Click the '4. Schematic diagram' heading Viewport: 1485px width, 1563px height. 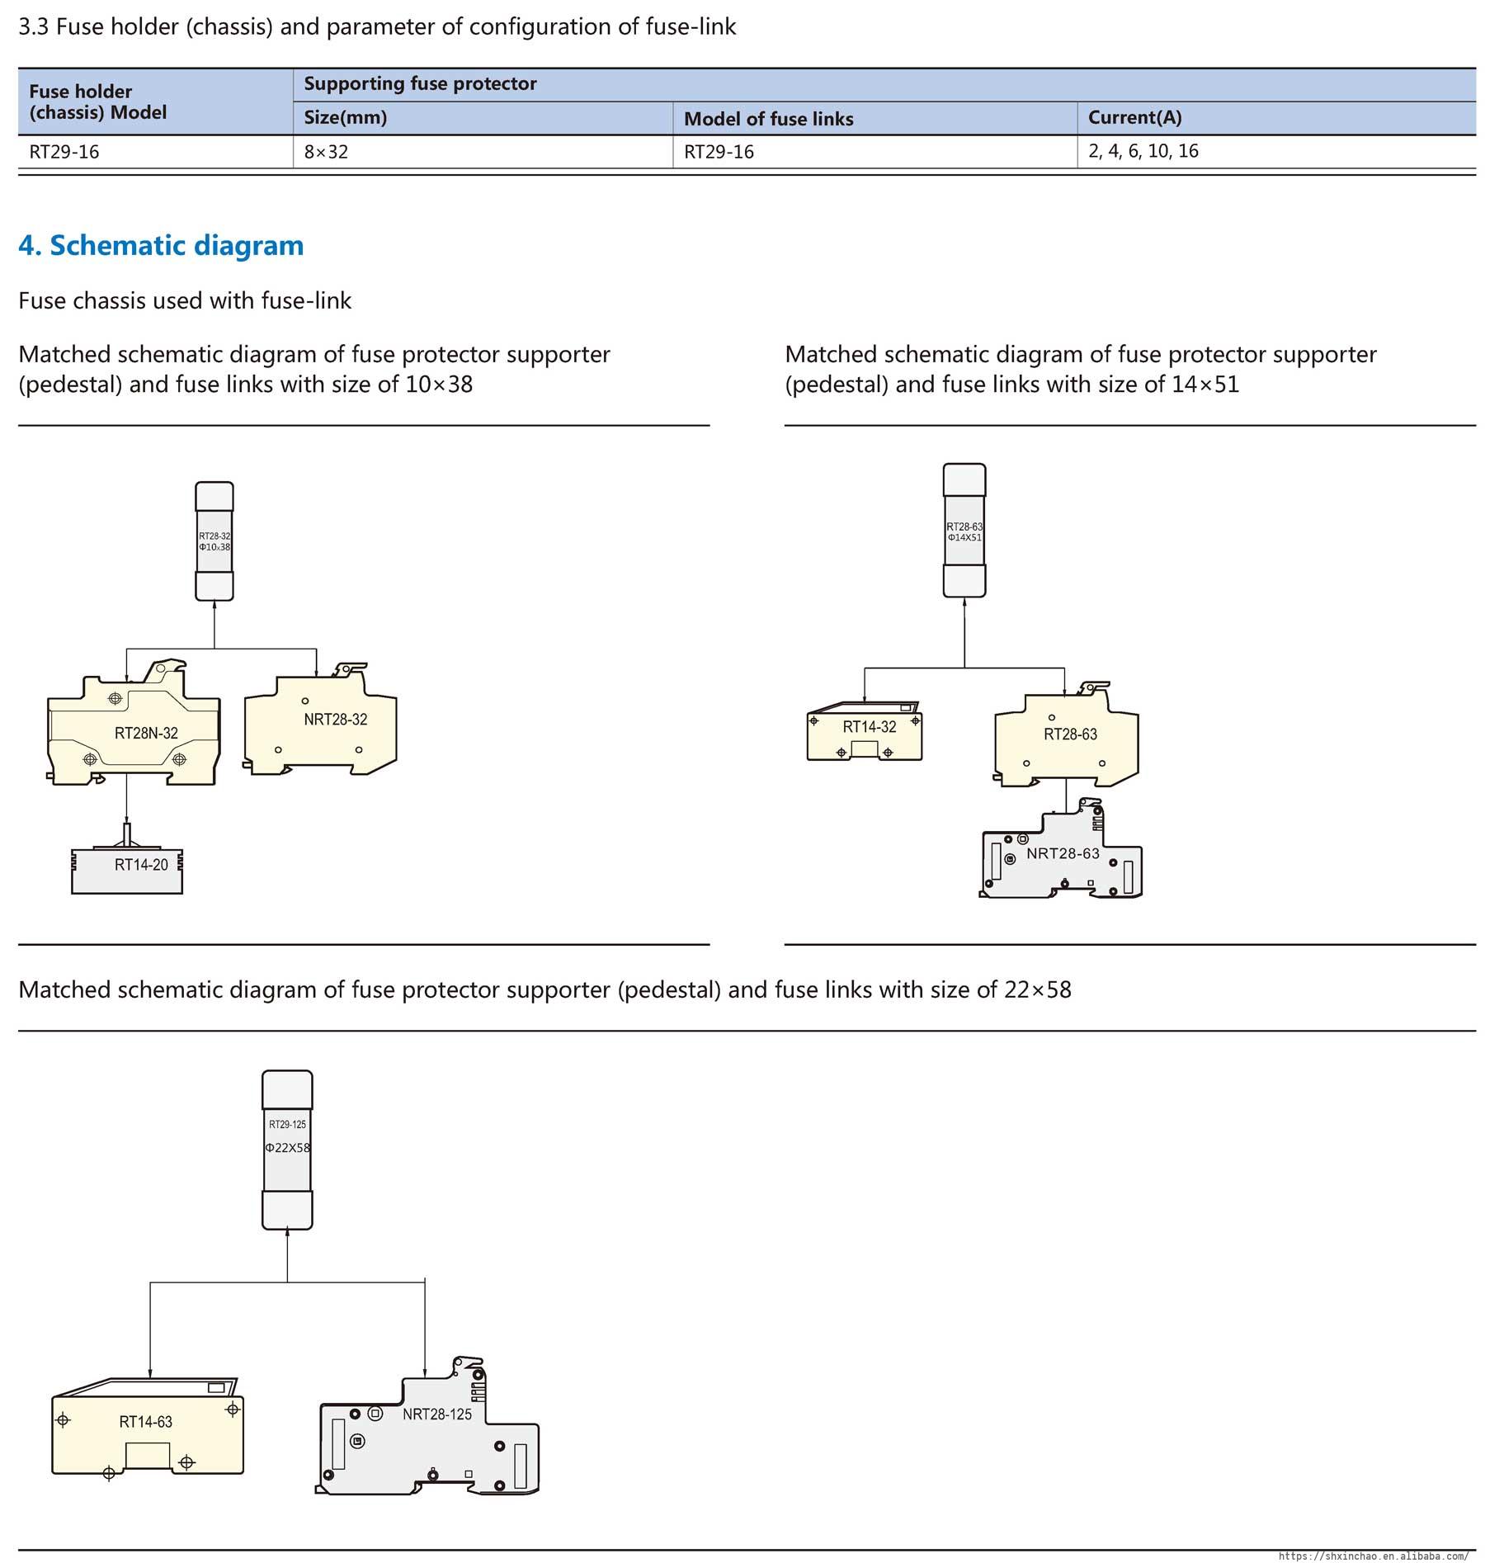[x=161, y=245]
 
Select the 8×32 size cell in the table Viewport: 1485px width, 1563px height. [x=326, y=152]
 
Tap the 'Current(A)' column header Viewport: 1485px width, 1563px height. [x=1134, y=117]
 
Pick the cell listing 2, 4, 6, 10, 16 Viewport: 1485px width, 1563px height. [x=1143, y=151]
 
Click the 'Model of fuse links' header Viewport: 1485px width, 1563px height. [x=768, y=119]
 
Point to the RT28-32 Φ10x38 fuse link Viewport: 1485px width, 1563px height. [x=214, y=541]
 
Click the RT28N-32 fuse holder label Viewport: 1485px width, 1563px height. [x=146, y=733]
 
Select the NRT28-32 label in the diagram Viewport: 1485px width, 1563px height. [x=335, y=720]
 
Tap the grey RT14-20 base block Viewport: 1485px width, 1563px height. [x=127, y=871]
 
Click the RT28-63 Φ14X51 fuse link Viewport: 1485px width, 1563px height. [x=964, y=531]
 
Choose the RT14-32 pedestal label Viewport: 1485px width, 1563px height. [x=869, y=727]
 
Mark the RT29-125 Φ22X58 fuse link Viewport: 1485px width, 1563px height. [x=287, y=1149]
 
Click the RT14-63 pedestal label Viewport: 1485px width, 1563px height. [x=145, y=1422]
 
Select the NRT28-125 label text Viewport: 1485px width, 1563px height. [x=437, y=1414]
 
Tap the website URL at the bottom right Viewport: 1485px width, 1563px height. [x=1373, y=1556]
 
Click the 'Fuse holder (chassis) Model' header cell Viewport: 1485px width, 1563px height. [x=97, y=102]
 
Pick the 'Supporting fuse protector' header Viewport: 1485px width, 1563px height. [x=420, y=83]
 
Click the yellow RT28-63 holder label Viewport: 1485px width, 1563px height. [x=1070, y=734]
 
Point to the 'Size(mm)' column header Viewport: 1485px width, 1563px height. [x=345, y=117]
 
